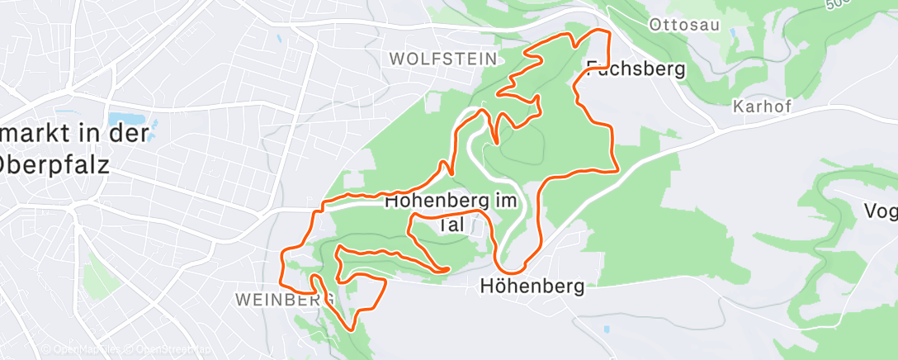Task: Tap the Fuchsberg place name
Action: coord(636,69)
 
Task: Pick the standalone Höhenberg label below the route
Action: coord(532,287)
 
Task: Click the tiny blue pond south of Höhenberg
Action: coord(607,329)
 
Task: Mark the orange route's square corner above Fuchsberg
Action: coord(608,32)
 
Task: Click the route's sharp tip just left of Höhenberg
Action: coord(448,269)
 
